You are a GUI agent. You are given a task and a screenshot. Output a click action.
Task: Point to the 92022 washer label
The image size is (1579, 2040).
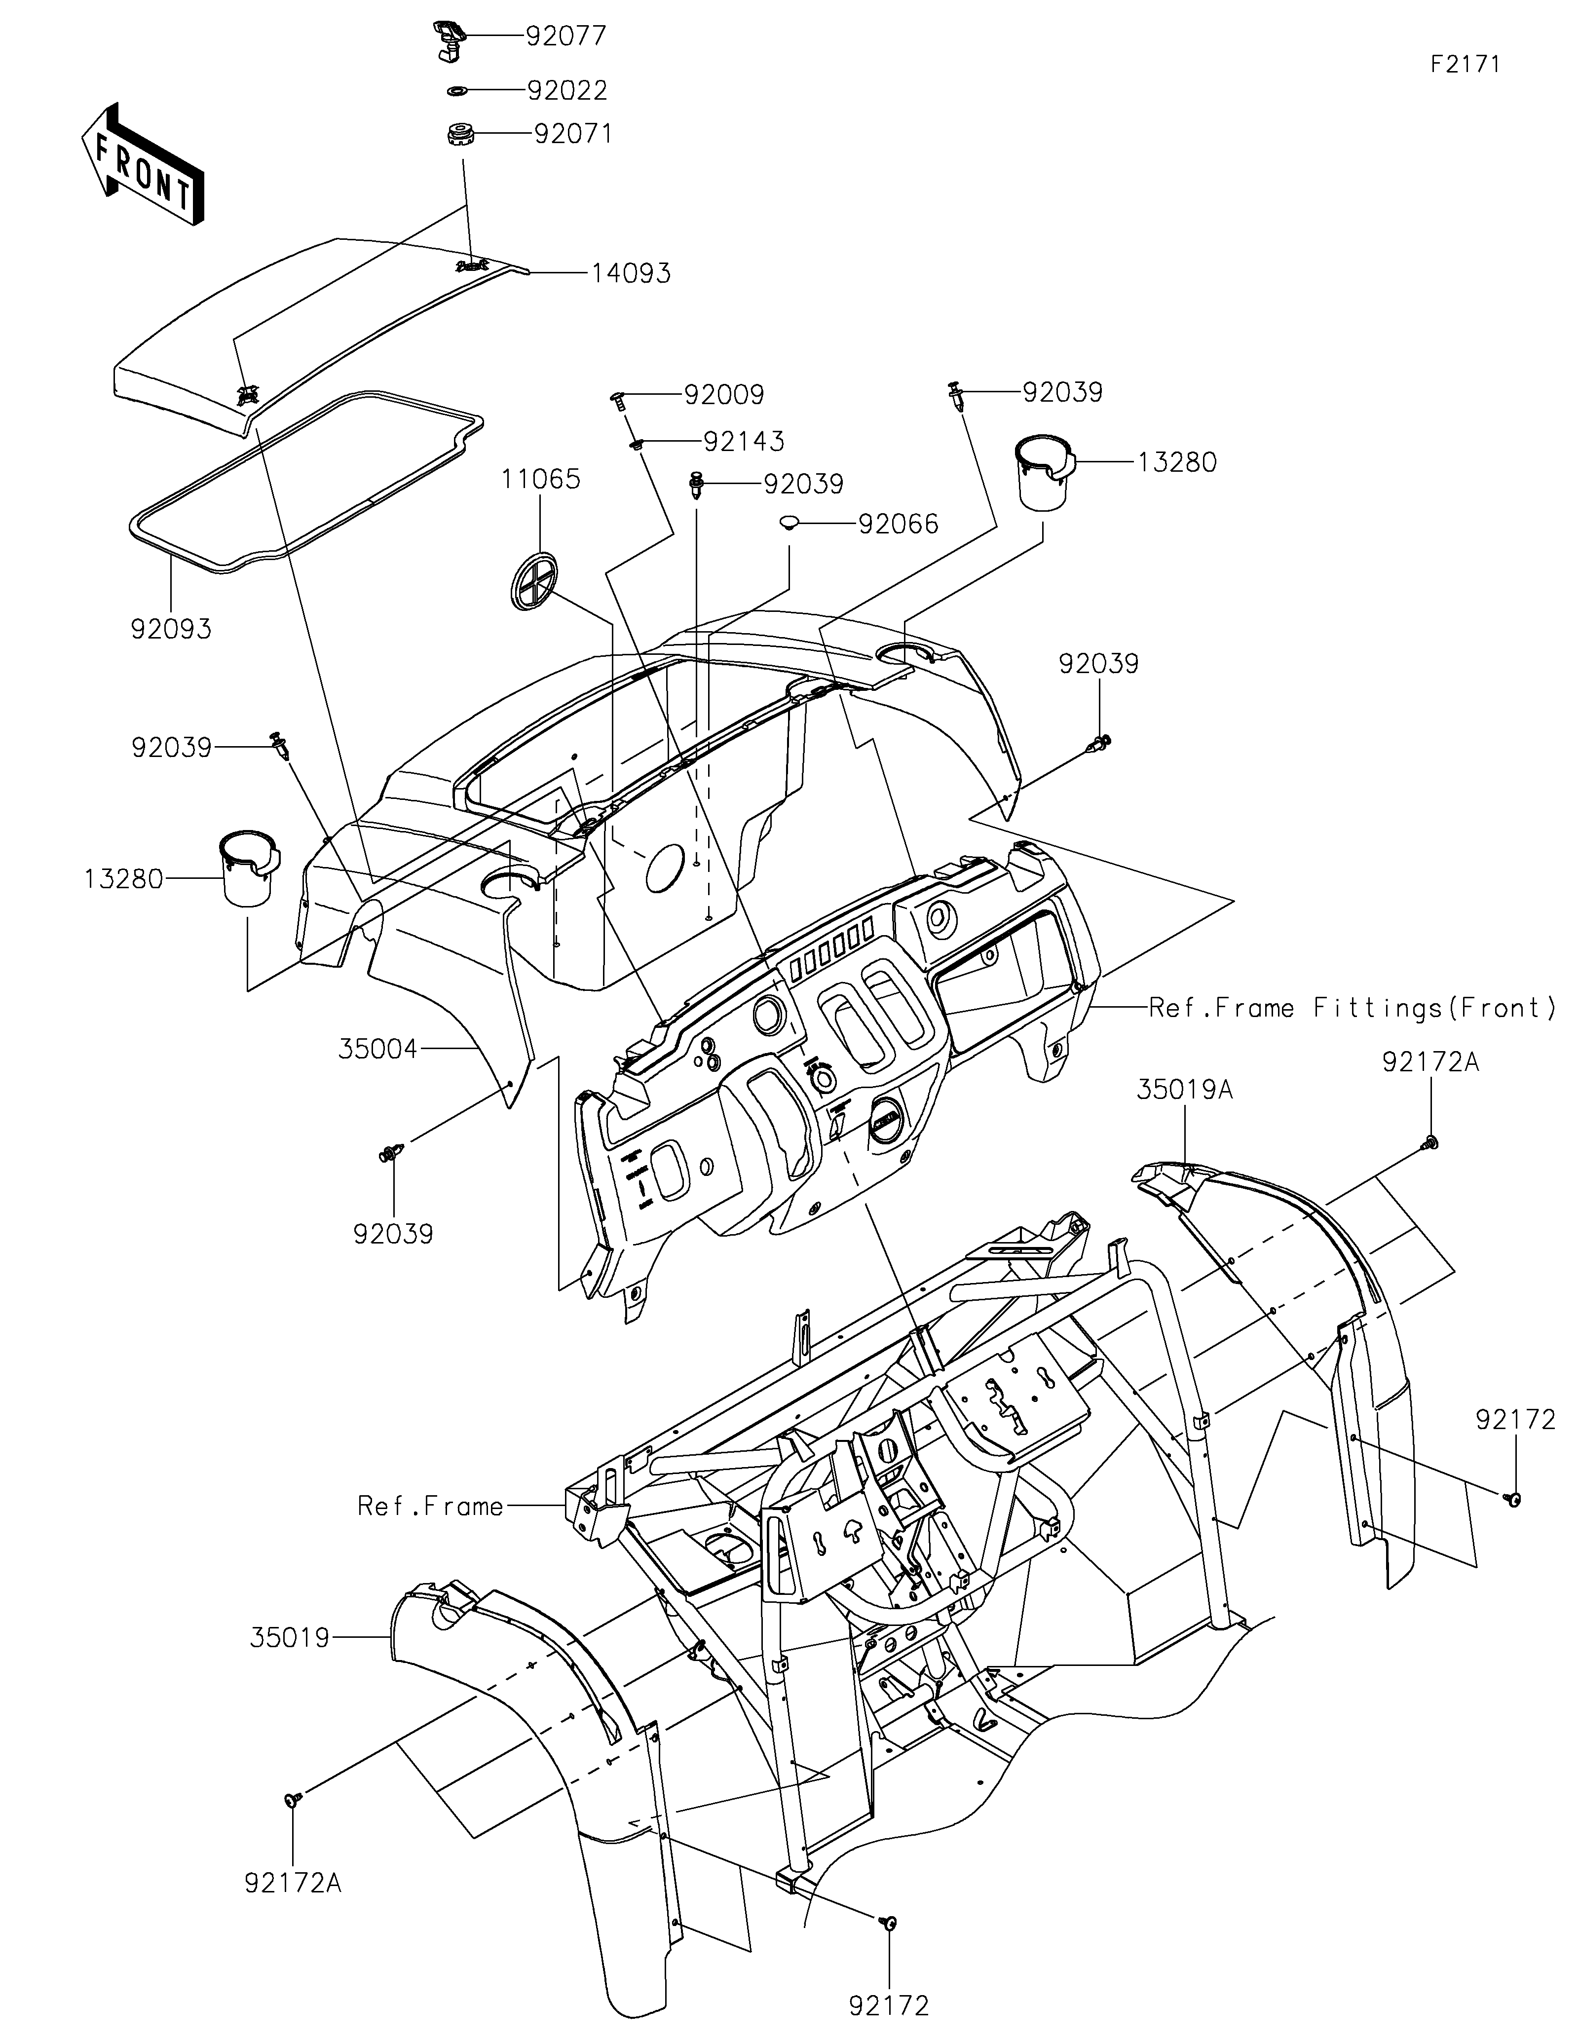pyautogui.click(x=567, y=91)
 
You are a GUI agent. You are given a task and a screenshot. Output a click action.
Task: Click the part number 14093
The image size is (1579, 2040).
pyautogui.click(x=630, y=274)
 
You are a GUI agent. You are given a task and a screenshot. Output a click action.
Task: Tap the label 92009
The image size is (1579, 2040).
pyautogui.click(x=724, y=395)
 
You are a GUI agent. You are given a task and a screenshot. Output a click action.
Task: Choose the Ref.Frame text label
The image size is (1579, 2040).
pyautogui.click(x=430, y=1506)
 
